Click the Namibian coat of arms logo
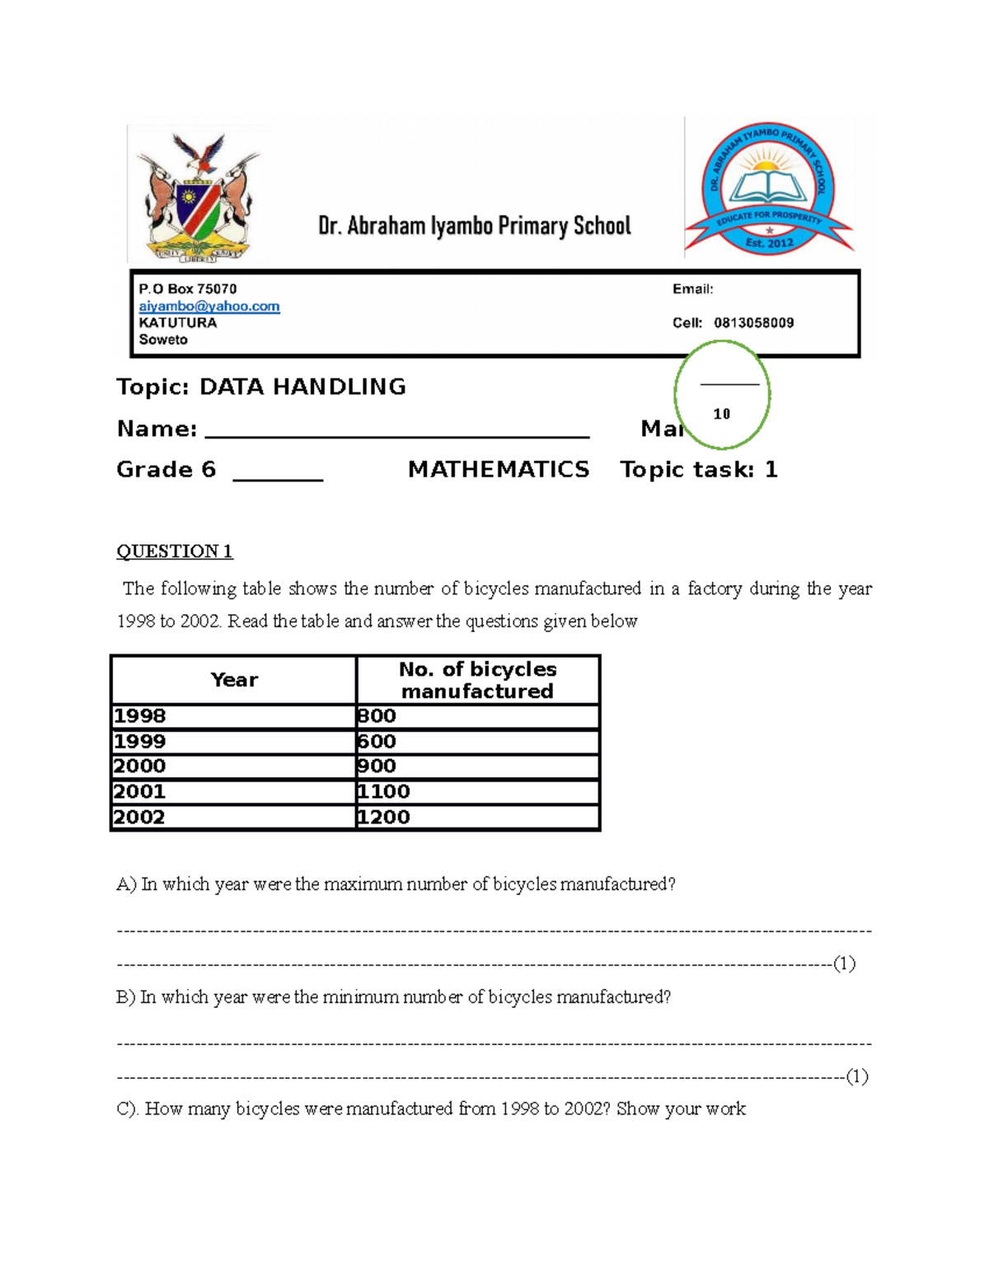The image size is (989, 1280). pyautogui.click(x=199, y=196)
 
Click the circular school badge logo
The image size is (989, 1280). pyautogui.click(x=768, y=187)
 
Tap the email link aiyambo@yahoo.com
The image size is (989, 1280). pyautogui.click(x=209, y=306)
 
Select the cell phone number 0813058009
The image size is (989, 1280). pyautogui.click(x=753, y=322)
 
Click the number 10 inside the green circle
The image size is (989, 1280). pyautogui.click(x=722, y=414)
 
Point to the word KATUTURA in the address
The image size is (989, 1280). pyautogui.click(x=178, y=322)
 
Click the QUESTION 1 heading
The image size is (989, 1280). pyautogui.click(x=175, y=551)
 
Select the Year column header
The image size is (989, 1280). pyautogui.click(x=234, y=680)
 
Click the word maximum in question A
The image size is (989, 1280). pyautogui.click(x=359, y=884)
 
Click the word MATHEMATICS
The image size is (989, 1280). pyautogui.click(x=499, y=470)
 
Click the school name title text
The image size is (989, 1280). pyautogui.click(x=475, y=226)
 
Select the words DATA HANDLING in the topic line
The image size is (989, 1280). pyautogui.click(x=302, y=387)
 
